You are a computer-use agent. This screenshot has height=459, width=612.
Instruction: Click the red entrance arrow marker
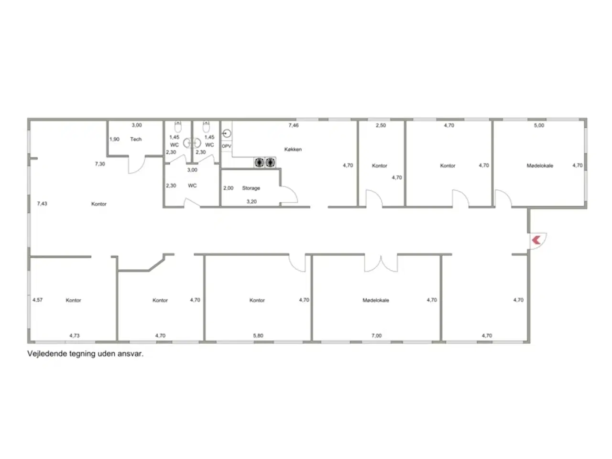[x=536, y=240]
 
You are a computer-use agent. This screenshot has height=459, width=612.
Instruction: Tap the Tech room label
[x=136, y=139]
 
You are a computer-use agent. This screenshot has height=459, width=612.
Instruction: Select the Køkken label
[x=293, y=149]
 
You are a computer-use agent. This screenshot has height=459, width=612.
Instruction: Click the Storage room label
[x=251, y=188]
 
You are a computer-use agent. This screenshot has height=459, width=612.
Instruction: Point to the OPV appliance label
[x=227, y=146]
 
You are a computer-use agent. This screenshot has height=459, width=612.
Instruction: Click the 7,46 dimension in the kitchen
[x=294, y=125]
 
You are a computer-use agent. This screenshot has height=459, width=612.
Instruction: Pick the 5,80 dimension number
[x=258, y=336]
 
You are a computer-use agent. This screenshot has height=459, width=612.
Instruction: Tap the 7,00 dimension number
[x=376, y=336]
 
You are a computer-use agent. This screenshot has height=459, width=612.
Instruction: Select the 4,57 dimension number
[x=37, y=300]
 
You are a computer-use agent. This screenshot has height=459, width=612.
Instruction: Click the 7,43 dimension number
[x=42, y=204]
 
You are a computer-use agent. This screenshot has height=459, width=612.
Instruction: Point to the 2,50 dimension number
[x=381, y=125]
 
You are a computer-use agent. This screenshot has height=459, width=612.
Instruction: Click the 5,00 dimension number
[x=539, y=125]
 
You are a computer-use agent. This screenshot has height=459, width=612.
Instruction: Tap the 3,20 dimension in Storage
[x=251, y=201]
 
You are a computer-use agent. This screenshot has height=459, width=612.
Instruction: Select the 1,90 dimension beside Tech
[x=114, y=139]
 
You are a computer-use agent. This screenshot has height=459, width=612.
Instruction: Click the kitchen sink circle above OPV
[x=227, y=134]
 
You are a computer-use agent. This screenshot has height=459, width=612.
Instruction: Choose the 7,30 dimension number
[x=100, y=164]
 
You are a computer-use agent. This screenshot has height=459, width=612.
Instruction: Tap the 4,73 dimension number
[x=75, y=336]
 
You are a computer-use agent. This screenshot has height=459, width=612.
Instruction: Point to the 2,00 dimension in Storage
[x=228, y=188]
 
